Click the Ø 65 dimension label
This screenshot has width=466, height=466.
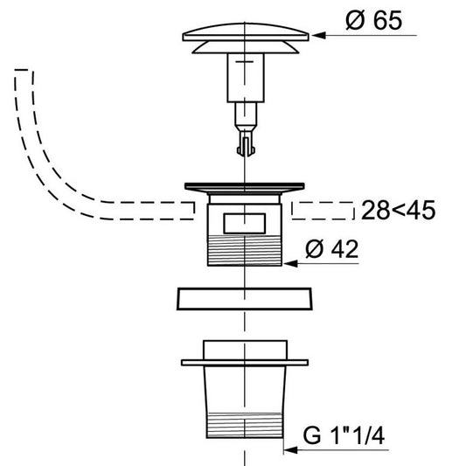tap(374, 20)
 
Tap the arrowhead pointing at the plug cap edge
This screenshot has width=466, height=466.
tap(318, 35)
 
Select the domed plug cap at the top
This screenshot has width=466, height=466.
tap(246, 32)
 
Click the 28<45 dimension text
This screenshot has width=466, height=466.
tap(398, 211)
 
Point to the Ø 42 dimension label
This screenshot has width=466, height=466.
tap(331, 249)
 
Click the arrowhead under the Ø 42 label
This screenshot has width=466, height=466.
tap(290, 263)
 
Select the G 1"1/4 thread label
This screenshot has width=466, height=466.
tap(344, 435)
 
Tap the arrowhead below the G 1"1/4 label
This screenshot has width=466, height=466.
tap(290, 450)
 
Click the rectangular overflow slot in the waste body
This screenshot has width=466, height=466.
tap(244, 224)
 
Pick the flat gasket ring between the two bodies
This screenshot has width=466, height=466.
tap(244, 299)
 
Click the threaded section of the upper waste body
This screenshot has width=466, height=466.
tap(244, 250)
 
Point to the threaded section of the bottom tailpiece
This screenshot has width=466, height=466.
tap(244, 425)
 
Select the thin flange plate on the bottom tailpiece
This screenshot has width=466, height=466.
tap(245, 363)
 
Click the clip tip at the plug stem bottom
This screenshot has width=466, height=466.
tap(246, 147)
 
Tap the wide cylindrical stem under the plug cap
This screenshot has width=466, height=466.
tap(246, 78)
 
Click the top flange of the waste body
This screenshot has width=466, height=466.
tap(244, 187)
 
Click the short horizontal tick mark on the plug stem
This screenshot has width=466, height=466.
tap(244, 62)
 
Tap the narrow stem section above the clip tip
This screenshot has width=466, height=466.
tap(246, 114)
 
